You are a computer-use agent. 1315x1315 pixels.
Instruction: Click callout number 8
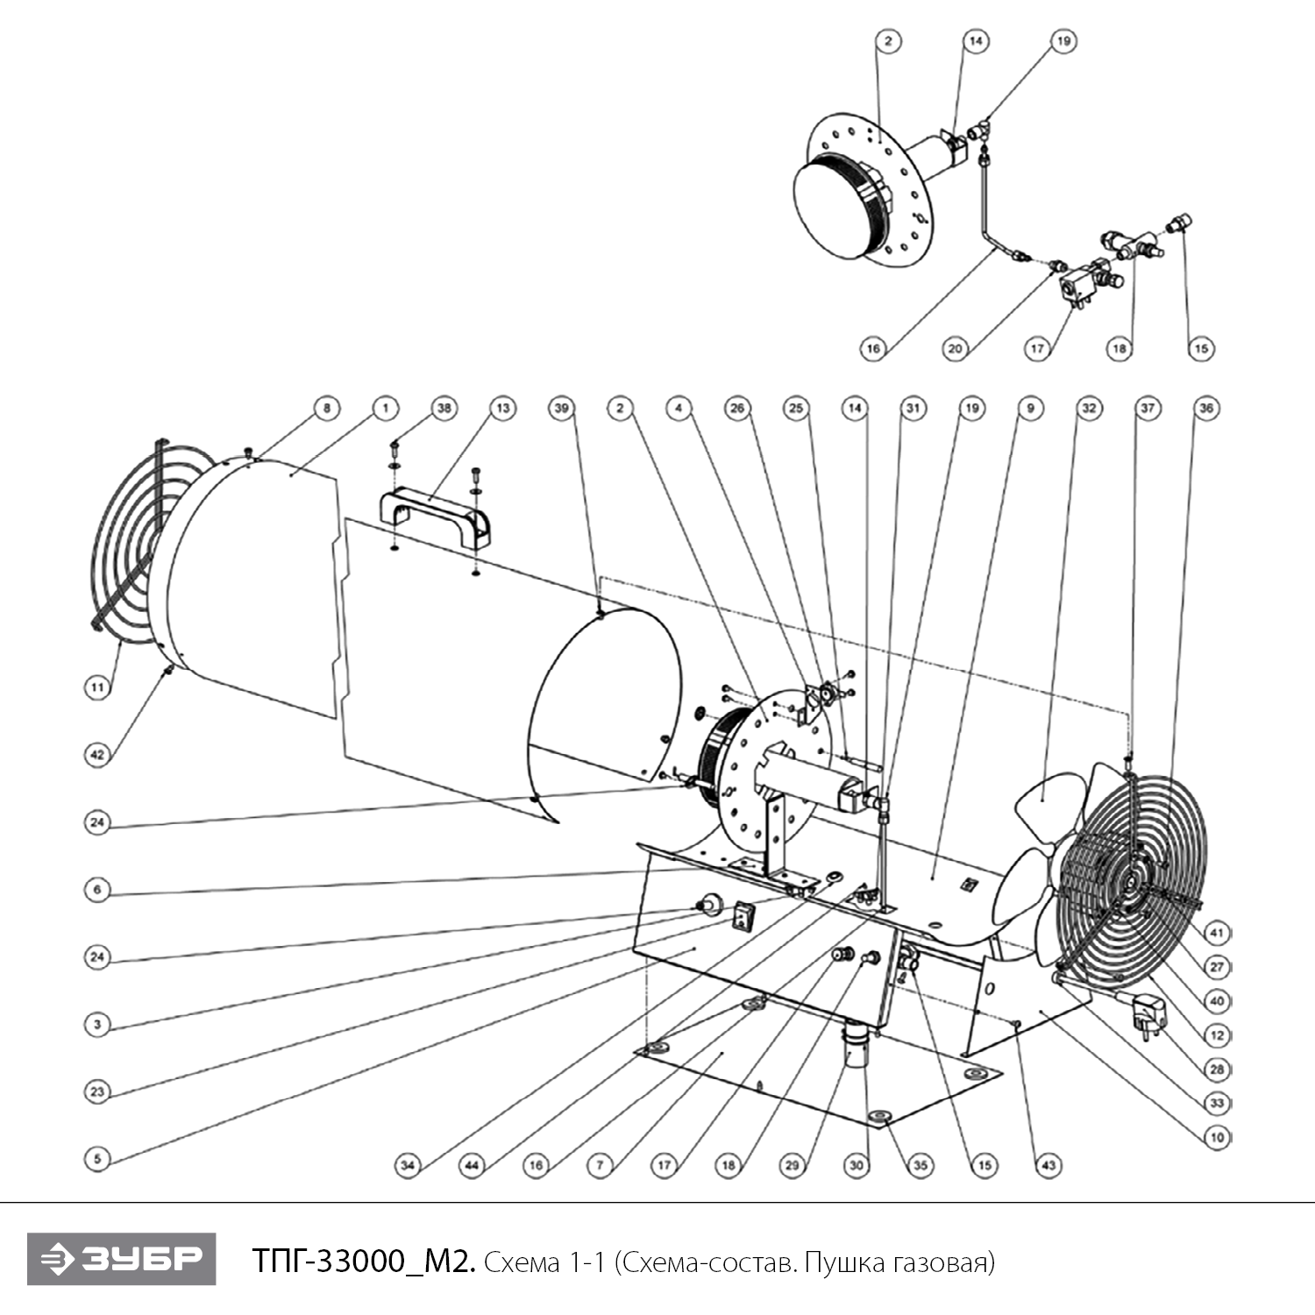(326, 408)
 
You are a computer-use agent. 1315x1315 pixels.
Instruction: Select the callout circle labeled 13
(502, 408)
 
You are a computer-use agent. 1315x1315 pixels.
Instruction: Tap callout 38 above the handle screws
(444, 408)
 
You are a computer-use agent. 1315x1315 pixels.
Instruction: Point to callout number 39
(562, 408)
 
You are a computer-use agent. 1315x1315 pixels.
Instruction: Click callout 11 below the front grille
(97, 687)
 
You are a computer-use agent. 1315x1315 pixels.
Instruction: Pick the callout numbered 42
(97, 755)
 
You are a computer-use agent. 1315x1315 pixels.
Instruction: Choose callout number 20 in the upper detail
(956, 348)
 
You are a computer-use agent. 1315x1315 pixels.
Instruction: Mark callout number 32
(1089, 408)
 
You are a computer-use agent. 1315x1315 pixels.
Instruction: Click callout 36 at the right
(1206, 408)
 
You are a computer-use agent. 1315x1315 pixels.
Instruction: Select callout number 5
(97, 1159)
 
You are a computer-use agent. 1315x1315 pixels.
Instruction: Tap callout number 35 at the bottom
(920, 1165)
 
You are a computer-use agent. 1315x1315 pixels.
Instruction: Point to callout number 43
(1048, 1165)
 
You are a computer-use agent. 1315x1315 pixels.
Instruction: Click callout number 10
(1217, 1137)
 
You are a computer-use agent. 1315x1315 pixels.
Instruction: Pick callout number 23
(97, 1091)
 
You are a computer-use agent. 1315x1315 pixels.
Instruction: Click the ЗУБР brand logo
(121, 1259)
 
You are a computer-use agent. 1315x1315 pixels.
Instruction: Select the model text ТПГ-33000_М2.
(364, 1262)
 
